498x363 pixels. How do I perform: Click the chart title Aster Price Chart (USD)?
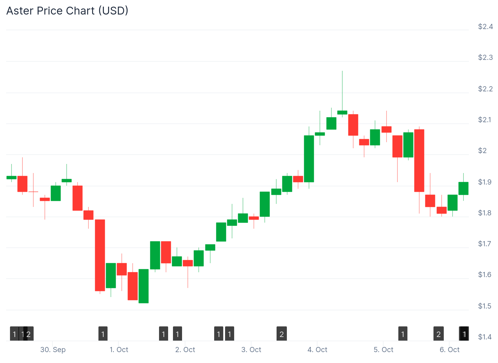click(67, 11)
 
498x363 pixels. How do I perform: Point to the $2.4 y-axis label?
click(485, 27)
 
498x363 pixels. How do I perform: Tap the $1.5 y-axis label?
click(485, 306)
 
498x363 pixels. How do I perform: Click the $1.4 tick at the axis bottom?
click(485, 337)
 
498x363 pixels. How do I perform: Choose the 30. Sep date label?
click(53, 350)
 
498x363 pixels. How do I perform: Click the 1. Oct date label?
click(119, 350)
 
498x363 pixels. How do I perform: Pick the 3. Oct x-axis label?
click(251, 350)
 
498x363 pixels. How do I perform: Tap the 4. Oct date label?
click(317, 350)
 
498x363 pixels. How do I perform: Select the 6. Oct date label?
click(450, 350)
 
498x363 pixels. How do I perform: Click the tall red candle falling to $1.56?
click(100, 255)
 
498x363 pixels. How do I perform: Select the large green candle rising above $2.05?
click(309, 159)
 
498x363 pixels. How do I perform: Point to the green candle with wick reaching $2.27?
click(342, 113)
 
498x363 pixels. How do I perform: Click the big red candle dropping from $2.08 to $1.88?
click(419, 160)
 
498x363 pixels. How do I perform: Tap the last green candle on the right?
click(463, 188)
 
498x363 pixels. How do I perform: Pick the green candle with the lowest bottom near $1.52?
click(144, 286)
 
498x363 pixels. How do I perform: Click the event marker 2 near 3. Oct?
click(282, 334)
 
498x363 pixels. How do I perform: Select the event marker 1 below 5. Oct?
click(403, 334)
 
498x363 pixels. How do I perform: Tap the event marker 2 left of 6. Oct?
click(438, 334)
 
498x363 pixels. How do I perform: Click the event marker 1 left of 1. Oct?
click(103, 334)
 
